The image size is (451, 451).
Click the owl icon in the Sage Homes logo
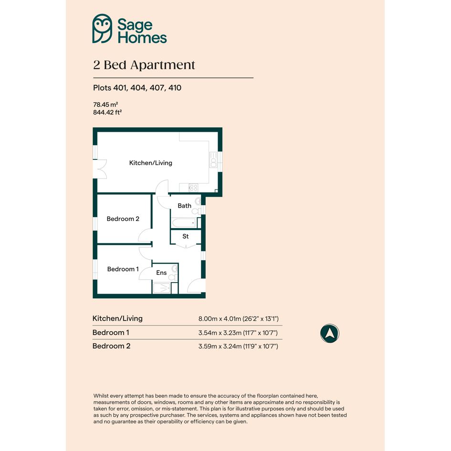[x=102, y=29]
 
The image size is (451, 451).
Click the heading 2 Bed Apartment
[x=144, y=65]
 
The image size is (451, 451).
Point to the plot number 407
[x=157, y=88]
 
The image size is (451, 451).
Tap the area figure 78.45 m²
[x=105, y=105]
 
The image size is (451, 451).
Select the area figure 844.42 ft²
[x=107, y=112]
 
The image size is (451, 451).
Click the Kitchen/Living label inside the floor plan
[x=151, y=163]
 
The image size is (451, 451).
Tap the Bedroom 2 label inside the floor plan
[x=123, y=219]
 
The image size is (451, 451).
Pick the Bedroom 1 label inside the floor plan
[x=123, y=269]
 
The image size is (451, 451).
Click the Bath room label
[x=184, y=206]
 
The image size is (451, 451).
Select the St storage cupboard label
[x=186, y=236]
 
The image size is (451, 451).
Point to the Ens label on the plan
[x=161, y=273]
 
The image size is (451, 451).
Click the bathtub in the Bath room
[x=184, y=223]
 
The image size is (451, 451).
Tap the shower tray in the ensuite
[x=161, y=288]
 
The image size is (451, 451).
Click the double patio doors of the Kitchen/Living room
[x=100, y=169]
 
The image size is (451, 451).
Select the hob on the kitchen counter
[x=193, y=188]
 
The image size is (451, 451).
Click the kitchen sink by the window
[x=213, y=160]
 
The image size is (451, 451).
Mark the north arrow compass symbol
[x=330, y=333]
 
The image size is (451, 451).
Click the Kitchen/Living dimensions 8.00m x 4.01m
[x=239, y=319]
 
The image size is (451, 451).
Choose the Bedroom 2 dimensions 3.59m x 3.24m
[x=238, y=346]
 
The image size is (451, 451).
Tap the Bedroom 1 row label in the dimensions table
[x=111, y=333]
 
